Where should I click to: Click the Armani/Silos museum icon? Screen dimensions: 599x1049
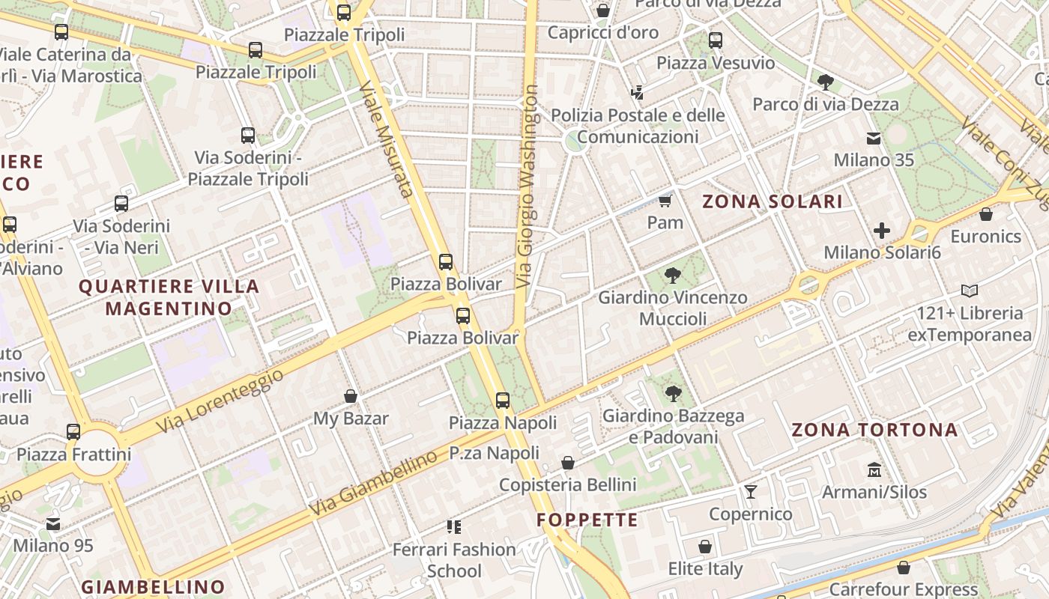(874, 470)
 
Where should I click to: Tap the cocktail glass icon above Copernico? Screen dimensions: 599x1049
(750, 492)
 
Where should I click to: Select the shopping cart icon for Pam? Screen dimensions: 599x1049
(665, 201)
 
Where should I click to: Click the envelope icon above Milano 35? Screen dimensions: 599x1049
(874, 139)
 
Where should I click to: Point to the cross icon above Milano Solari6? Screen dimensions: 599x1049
(882, 231)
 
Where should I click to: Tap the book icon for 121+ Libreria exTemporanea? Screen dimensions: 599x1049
(969, 291)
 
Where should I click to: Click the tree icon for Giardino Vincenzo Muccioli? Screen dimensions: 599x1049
(672, 276)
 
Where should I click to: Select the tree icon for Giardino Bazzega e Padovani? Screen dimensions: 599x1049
(673, 393)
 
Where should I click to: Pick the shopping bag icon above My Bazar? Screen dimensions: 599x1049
(350, 396)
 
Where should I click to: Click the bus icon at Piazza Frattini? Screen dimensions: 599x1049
(73, 432)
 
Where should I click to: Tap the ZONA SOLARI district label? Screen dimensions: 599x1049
(772, 201)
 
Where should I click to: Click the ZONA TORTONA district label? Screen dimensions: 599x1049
(874, 430)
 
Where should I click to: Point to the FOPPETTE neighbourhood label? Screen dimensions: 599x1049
(587, 520)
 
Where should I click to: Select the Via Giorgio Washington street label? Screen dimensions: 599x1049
(528, 187)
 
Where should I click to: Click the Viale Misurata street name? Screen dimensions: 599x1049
(387, 139)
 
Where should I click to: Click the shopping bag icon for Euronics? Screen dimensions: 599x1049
(985, 215)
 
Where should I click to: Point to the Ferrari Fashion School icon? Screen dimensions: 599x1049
(453, 527)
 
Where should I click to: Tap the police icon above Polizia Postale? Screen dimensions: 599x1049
(637, 94)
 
